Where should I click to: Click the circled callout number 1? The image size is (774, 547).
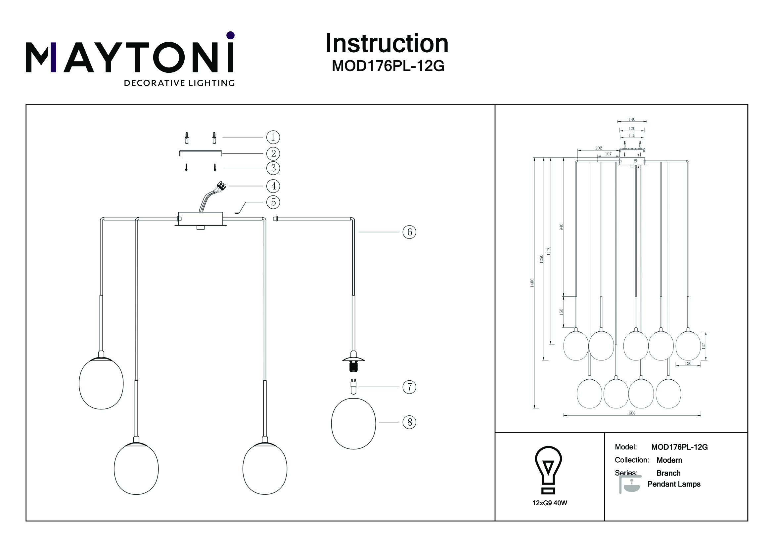273,137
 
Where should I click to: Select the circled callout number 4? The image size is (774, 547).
273,186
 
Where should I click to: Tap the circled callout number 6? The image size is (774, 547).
409,232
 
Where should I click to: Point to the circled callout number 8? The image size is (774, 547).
409,422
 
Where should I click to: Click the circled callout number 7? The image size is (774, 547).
409,387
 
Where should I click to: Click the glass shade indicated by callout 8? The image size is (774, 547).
353,423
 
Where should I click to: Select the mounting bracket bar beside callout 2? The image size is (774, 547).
200,152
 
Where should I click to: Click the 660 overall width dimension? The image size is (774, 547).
632,413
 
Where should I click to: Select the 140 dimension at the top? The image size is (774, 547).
632,119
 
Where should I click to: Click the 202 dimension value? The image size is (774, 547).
598,148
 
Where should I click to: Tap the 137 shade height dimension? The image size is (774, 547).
703,346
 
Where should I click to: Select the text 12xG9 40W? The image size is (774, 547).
550,503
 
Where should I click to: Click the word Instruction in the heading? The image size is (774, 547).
387,43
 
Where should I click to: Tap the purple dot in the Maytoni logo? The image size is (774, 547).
231,35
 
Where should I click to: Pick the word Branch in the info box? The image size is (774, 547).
668,473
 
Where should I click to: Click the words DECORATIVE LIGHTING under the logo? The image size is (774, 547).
179,83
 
